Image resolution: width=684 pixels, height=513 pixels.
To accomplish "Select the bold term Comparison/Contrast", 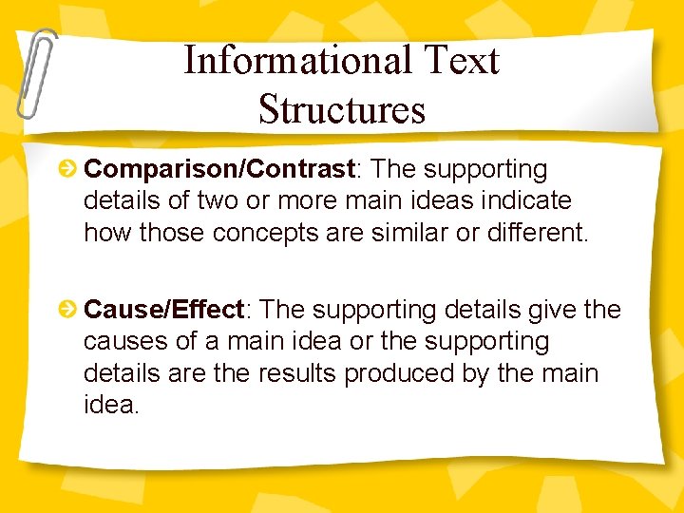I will [x=219, y=169].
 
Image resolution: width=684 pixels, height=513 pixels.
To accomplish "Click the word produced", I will [x=399, y=373].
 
